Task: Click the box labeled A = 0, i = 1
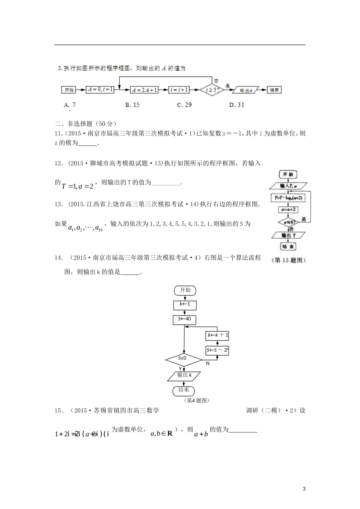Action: tap(100, 90)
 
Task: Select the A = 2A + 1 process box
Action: tap(144, 90)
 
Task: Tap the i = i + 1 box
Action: tap(179, 90)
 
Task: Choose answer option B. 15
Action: tap(132, 105)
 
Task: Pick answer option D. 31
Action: tap(236, 105)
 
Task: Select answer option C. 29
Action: tap(185, 105)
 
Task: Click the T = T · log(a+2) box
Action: tap(288, 198)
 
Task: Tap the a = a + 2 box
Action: tap(288, 209)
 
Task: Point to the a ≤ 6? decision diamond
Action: tap(288, 222)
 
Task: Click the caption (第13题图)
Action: tap(288, 260)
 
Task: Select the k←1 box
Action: tap(185, 304)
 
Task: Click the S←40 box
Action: tap(185, 319)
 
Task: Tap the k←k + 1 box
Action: tap(217, 335)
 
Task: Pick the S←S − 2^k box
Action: tap(217, 351)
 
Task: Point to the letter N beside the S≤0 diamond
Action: tap(208, 364)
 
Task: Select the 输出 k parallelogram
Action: tap(184, 375)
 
